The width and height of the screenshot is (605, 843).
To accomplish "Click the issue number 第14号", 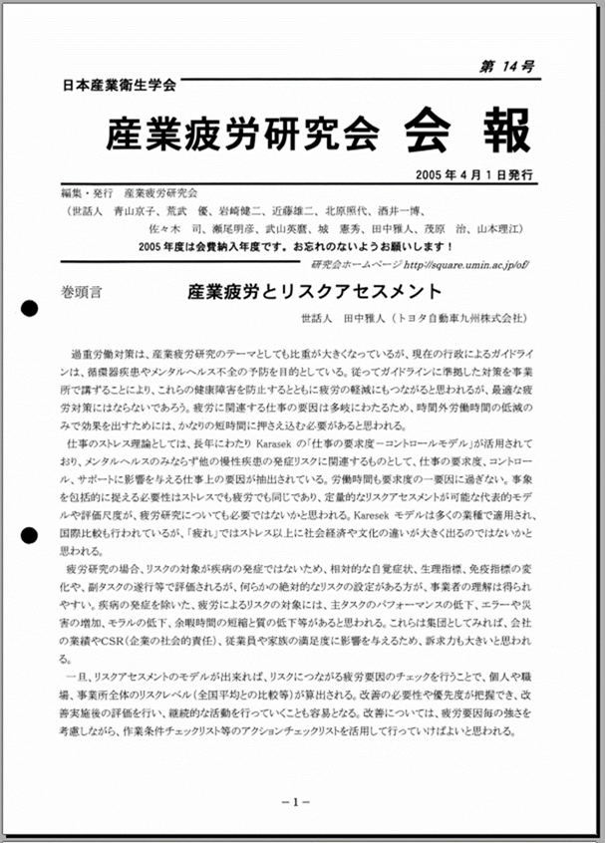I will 506,67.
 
